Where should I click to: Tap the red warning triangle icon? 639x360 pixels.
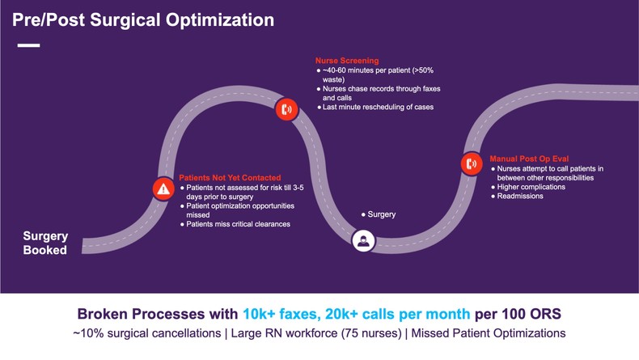coord(163,189)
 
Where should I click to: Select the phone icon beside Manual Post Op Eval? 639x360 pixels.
coord(472,163)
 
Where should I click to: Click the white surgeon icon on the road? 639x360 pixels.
coord(363,239)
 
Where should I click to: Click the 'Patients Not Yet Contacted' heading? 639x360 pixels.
coord(231,178)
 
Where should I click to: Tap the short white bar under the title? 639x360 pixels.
coord(28,45)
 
